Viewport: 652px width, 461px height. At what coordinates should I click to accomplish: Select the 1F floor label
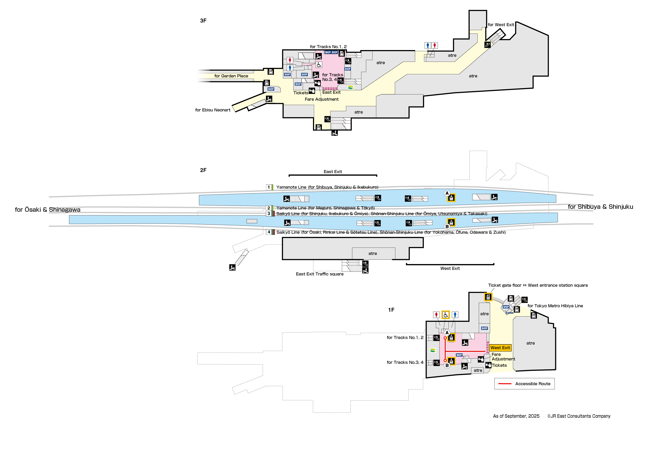[391, 310]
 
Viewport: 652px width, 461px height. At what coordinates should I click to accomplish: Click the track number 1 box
[269, 187]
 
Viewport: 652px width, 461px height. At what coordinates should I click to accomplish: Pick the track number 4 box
[269, 232]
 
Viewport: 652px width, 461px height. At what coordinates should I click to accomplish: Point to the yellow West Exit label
[500, 348]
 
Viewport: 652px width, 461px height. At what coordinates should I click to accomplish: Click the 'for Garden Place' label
[231, 76]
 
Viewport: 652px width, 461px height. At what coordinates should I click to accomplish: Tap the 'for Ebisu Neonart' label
[213, 110]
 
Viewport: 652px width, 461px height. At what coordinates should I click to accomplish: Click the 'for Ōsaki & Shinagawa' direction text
[47, 210]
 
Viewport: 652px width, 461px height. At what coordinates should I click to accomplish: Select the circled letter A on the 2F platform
[447, 193]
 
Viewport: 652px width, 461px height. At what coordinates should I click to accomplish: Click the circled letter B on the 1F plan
[447, 366]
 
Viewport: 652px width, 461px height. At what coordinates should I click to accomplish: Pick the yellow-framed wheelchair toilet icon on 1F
[446, 315]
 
